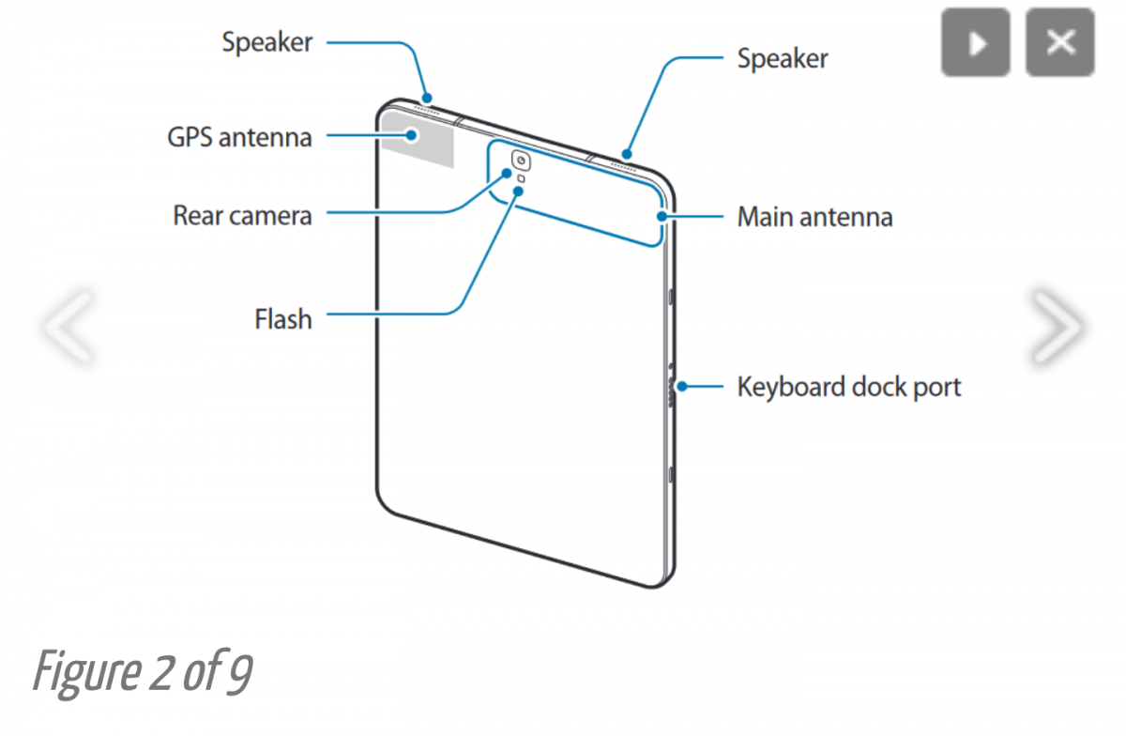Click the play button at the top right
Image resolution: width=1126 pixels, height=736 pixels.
coord(976,42)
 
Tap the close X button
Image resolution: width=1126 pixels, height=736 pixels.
coord(1060,42)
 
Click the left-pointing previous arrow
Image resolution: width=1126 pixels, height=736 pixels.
coord(68,326)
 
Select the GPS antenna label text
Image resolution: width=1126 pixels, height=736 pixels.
coord(240,137)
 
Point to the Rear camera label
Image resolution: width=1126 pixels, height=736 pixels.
coord(242,215)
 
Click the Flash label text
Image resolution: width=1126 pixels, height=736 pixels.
coord(283,319)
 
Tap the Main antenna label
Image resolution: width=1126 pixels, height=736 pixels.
coord(814,217)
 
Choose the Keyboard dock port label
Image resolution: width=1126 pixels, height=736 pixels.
coord(849,387)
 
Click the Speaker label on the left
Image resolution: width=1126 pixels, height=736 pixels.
coord(267,41)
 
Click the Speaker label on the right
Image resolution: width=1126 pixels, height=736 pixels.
coord(783,58)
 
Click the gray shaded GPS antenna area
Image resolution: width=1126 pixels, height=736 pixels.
coord(418,139)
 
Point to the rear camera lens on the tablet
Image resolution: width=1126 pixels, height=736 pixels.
coord(522,161)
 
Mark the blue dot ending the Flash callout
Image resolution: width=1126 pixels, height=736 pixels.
coord(518,192)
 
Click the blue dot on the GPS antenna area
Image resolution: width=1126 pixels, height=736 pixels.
coord(412,135)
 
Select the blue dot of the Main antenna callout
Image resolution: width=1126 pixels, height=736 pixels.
coord(662,217)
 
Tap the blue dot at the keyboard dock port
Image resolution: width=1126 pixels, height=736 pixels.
coord(681,387)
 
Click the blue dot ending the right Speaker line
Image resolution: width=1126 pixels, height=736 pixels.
coord(627,154)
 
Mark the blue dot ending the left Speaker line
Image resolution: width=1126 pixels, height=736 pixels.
coord(427,98)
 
